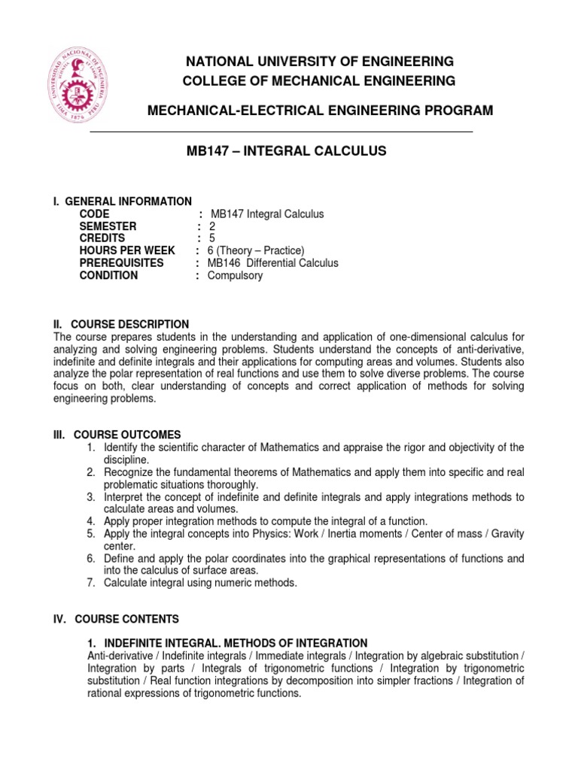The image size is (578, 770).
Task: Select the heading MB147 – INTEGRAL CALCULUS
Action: pyautogui.click(x=286, y=151)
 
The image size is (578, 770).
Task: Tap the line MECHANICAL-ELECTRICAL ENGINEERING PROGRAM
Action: pyautogui.click(x=319, y=111)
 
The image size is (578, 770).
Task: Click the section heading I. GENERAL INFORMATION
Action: pyautogui.click(x=122, y=202)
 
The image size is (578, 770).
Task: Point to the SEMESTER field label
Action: pyautogui.click(x=108, y=226)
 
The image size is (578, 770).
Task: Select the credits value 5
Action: pyautogui.click(x=212, y=238)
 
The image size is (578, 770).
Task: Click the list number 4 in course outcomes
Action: pyautogui.click(x=90, y=521)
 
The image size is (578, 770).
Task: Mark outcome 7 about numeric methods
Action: pyautogui.click(x=200, y=583)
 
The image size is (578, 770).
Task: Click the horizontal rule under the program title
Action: pyautogui.click(x=281, y=132)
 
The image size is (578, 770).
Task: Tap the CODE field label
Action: pyautogui.click(x=95, y=214)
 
